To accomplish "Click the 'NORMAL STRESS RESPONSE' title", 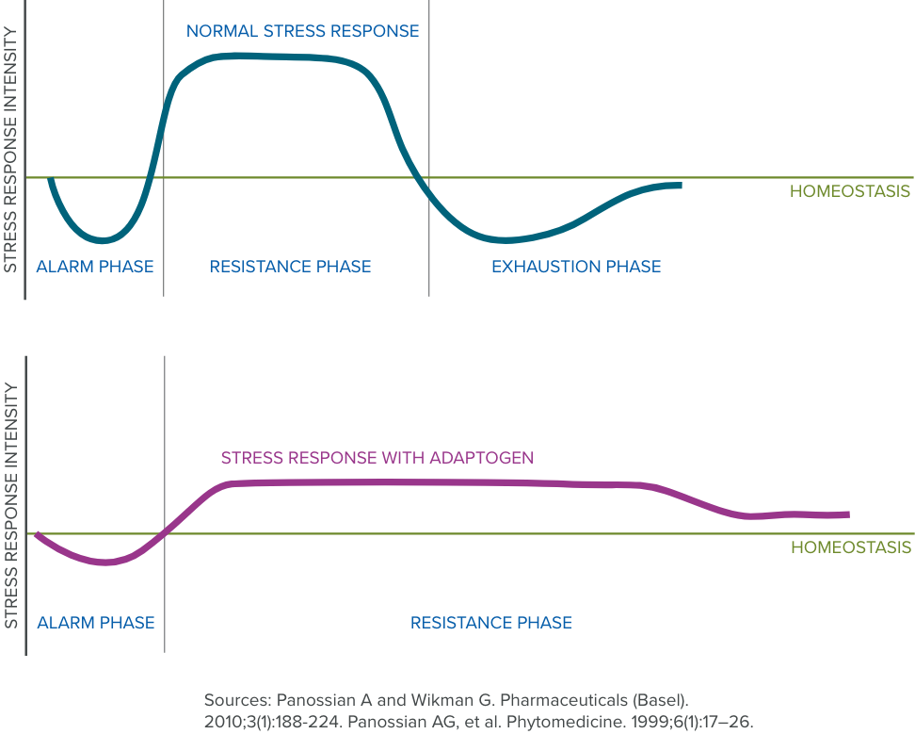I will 302,31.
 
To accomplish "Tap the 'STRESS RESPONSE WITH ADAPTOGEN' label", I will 377,459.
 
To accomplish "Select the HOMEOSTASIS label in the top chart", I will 850,191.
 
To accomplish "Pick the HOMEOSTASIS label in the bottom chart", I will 850,547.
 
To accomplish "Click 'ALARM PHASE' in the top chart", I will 94,267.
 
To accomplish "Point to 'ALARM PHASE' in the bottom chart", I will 95,623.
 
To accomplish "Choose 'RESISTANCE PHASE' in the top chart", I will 290,267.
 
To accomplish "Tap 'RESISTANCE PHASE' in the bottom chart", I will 491,623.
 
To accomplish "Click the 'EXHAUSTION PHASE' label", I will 576,267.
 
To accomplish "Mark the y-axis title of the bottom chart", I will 11,506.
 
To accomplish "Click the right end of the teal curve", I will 679,185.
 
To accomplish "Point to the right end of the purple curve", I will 847,514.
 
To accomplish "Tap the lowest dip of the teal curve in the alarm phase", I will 103,239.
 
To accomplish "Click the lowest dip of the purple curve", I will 106,563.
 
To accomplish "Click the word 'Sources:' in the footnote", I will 236,701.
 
